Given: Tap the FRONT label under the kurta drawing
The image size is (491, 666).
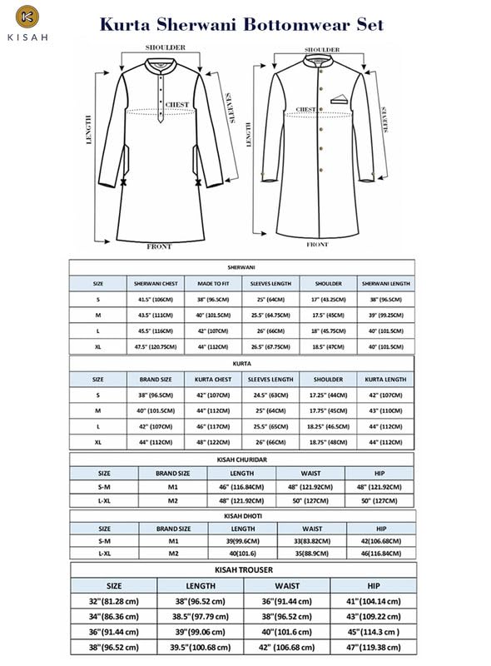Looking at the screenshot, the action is [x=159, y=246].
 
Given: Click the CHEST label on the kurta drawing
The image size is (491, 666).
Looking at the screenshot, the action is [x=176, y=104].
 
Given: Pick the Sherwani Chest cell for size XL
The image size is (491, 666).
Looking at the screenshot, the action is [x=151, y=345].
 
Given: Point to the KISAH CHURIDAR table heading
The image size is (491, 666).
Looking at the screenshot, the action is [x=241, y=459].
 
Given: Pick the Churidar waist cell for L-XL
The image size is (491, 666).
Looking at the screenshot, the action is [x=312, y=501].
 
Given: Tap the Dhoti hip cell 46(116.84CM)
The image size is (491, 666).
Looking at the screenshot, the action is [x=380, y=553].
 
